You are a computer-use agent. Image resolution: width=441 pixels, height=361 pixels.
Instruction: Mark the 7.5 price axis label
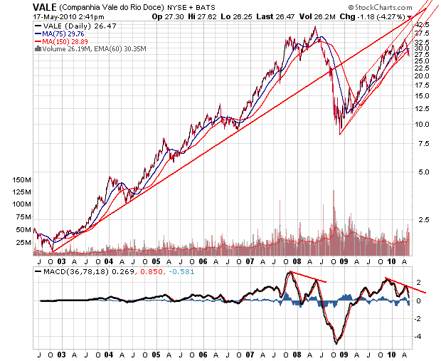point(423,144)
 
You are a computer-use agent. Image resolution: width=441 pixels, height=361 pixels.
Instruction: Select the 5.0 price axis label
point(423,172)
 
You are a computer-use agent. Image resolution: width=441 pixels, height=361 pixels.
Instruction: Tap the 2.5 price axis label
point(423,219)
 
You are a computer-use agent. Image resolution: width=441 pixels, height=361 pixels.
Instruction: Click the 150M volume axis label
point(23,181)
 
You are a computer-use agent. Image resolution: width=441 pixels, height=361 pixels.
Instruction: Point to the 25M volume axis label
point(24,242)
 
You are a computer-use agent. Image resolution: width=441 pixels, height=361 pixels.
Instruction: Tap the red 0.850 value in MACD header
point(152,271)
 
